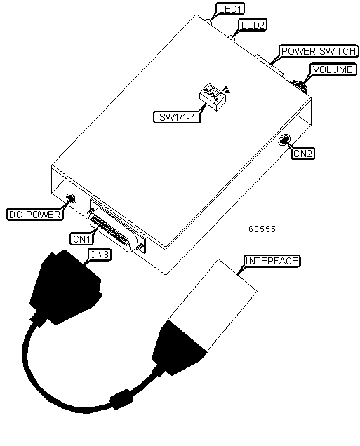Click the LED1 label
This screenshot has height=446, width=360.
tap(230, 9)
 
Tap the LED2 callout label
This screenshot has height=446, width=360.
tap(253, 25)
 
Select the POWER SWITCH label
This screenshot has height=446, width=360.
tap(319, 51)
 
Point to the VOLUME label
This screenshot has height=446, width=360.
tap(333, 69)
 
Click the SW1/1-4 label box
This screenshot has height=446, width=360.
tap(177, 117)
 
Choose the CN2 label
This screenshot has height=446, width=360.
tap(302, 154)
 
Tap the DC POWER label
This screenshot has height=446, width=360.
tap(34, 214)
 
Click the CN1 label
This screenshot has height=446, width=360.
tap(81, 238)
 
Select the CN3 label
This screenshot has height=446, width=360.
tap(100, 255)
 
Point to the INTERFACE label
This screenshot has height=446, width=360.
tap(272, 261)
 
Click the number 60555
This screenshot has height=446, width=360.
tap(262, 229)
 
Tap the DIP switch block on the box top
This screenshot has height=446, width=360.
tap(213, 97)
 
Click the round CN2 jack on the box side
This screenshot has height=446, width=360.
tap(285, 140)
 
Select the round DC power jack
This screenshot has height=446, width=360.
tap(71, 198)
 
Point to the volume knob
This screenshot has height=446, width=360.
tap(299, 86)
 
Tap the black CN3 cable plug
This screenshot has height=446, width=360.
tap(65, 288)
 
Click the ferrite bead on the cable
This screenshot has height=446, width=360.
tap(121, 399)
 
